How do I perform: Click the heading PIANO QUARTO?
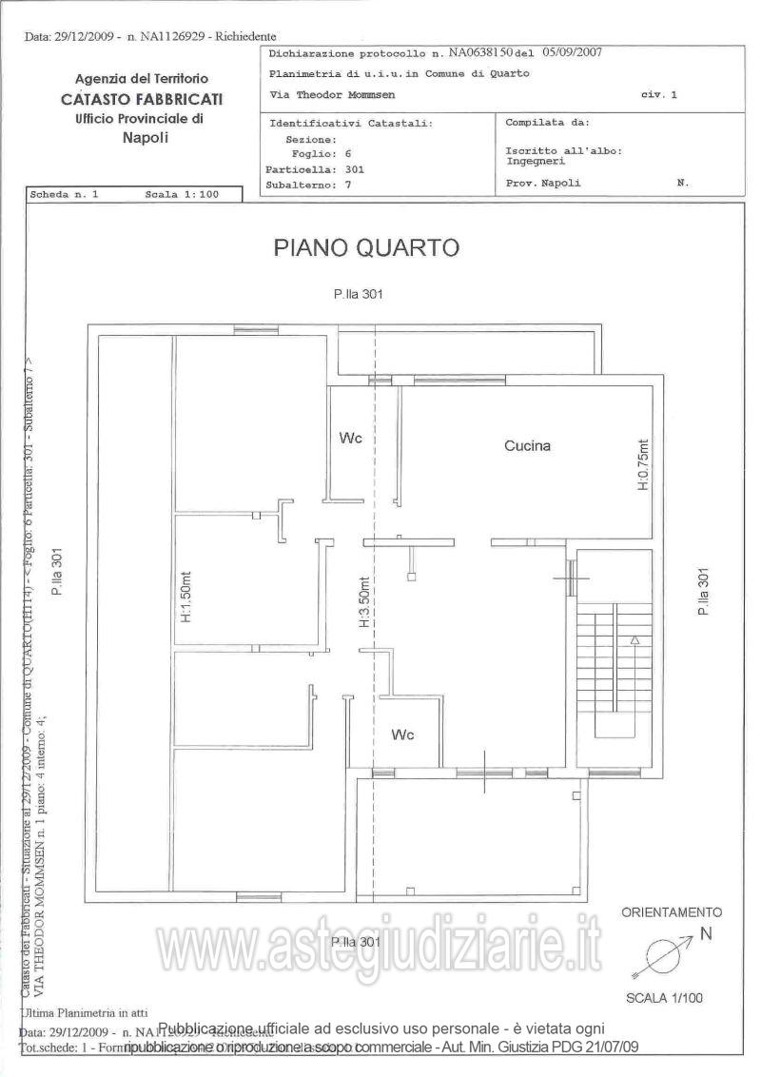(366, 247)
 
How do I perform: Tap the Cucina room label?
(528, 444)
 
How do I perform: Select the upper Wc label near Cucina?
(351, 438)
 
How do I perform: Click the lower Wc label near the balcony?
(403, 734)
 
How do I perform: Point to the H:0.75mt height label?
(642, 464)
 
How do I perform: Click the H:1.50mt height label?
(185, 597)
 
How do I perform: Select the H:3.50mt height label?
(364, 604)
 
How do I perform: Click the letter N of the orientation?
(706, 933)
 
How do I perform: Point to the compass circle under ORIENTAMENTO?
(661, 953)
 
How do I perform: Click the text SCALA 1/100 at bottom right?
(664, 998)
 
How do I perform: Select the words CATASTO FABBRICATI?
(142, 99)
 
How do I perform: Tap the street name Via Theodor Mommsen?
(332, 95)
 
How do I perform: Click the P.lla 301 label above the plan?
(358, 295)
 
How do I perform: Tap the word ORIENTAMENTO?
(672, 911)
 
